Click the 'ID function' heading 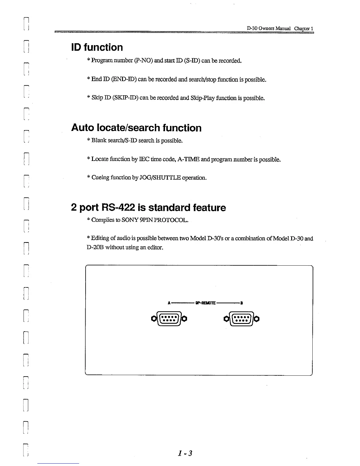(97, 47)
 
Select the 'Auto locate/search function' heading (136, 128)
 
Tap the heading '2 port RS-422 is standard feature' (148, 208)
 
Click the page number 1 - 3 (185, 453)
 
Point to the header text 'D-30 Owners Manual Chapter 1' (280, 29)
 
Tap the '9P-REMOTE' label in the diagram (205, 303)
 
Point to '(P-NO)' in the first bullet (143, 61)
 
